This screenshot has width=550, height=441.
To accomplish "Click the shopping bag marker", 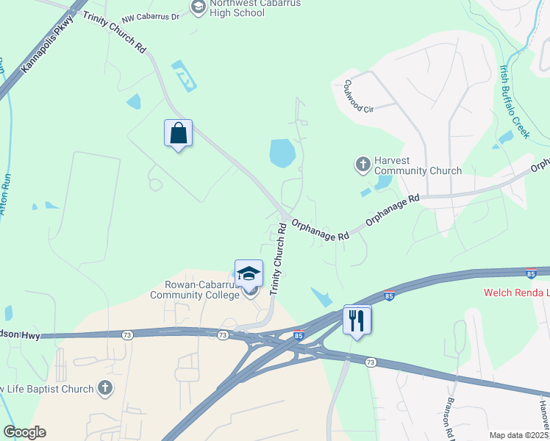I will (178, 134).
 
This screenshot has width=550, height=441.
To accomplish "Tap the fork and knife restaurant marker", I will (357, 320).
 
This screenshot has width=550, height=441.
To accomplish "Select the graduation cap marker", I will (249, 274).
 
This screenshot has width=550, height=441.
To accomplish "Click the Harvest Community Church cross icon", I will (362, 164).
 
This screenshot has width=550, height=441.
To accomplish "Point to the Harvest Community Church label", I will (418, 165).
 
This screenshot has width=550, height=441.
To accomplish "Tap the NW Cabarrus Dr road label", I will (151, 16).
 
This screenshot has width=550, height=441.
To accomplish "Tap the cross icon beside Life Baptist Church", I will (104, 387).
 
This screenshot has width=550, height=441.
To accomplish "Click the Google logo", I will (24, 432).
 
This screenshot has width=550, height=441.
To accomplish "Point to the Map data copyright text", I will (518, 435).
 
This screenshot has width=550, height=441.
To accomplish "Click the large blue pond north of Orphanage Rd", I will (282, 153).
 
